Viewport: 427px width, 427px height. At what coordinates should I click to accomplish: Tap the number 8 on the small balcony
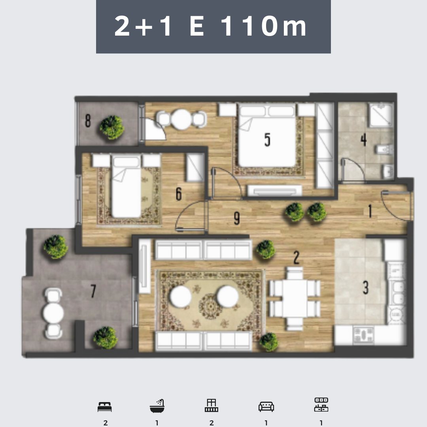(x=88, y=121)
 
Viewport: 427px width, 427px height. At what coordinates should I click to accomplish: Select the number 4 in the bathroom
(x=364, y=140)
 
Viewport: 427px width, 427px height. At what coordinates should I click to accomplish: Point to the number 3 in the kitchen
(x=366, y=287)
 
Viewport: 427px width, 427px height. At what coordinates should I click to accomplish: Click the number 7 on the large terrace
(x=93, y=291)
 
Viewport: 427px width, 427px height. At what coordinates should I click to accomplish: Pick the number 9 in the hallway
(x=237, y=218)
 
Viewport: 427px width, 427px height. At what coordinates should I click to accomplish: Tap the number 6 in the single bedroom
(x=179, y=194)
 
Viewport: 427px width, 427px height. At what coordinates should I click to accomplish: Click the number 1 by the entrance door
(x=370, y=211)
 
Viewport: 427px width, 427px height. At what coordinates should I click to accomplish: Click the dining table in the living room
(x=295, y=298)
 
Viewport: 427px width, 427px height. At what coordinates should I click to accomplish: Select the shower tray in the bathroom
(x=381, y=115)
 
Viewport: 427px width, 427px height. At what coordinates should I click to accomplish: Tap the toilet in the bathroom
(x=384, y=149)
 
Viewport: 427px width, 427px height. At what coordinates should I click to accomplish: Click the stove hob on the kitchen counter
(x=363, y=335)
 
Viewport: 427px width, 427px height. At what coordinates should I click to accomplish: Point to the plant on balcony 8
(x=112, y=127)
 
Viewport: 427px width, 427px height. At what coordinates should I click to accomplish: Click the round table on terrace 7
(x=53, y=313)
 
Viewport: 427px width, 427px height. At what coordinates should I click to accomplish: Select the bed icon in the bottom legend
(x=104, y=407)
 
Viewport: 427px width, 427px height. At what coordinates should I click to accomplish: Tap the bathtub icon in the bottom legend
(x=157, y=406)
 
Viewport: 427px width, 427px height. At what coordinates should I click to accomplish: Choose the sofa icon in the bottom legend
(x=266, y=406)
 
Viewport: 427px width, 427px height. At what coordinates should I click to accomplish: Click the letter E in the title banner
(x=197, y=26)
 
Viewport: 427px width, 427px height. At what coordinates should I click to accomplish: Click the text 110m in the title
(x=264, y=26)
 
